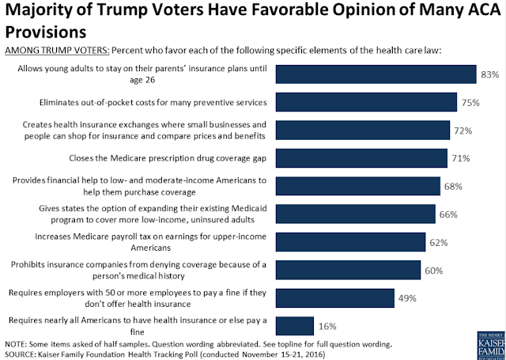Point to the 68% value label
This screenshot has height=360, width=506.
point(453,186)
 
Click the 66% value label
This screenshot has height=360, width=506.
point(447,214)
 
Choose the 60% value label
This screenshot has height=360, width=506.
point(433,270)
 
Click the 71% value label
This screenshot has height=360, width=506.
point(459,157)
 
